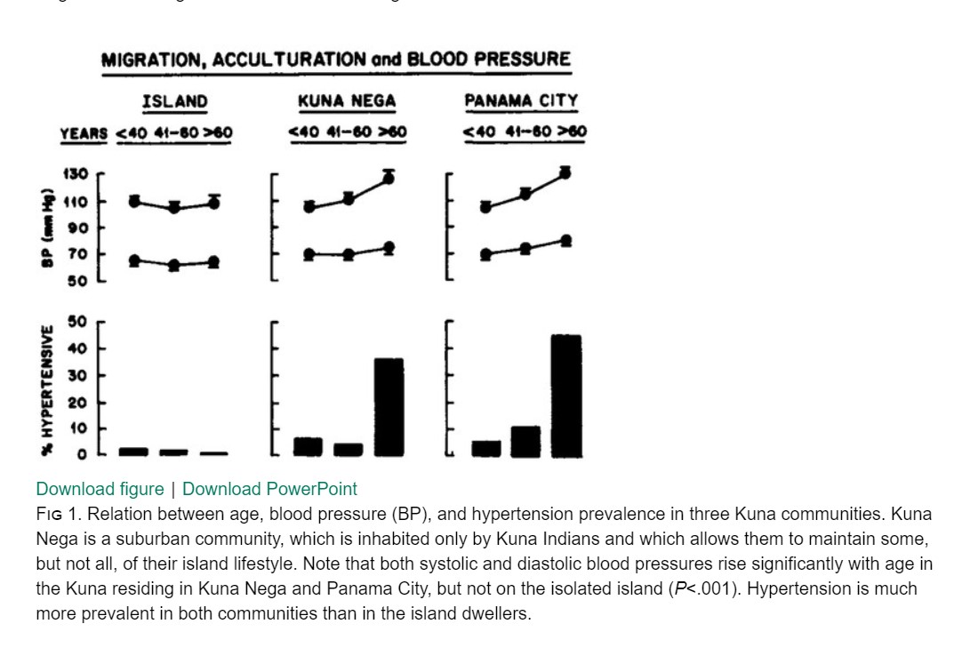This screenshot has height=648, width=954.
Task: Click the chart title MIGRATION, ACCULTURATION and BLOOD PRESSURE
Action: [x=336, y=60]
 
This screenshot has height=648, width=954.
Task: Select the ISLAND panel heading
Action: [x=174, y=100]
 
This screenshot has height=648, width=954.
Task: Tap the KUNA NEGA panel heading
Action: [x=346, y=100]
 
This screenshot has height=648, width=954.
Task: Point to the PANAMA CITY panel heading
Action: [x=521, y=100]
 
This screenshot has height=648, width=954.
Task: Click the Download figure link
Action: [x=100, y=489]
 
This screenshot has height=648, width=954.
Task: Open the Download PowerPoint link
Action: [x=269, y=489]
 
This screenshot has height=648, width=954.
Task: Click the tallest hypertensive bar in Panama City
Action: [x=565, y=396]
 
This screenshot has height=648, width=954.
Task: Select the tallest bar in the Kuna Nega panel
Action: [x=389, y=406]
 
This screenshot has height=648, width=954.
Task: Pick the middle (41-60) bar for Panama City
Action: [x=525, y=441]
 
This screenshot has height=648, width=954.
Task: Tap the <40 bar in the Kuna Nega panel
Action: [x=308, y=446]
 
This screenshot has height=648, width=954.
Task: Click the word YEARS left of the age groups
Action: [x=84, y=134]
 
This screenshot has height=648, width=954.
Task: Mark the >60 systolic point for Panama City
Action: [x=565, y=173]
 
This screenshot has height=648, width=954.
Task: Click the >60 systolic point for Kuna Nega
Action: [x=389, y=178]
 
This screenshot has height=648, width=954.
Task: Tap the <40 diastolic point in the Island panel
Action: [x=134, y=260]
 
